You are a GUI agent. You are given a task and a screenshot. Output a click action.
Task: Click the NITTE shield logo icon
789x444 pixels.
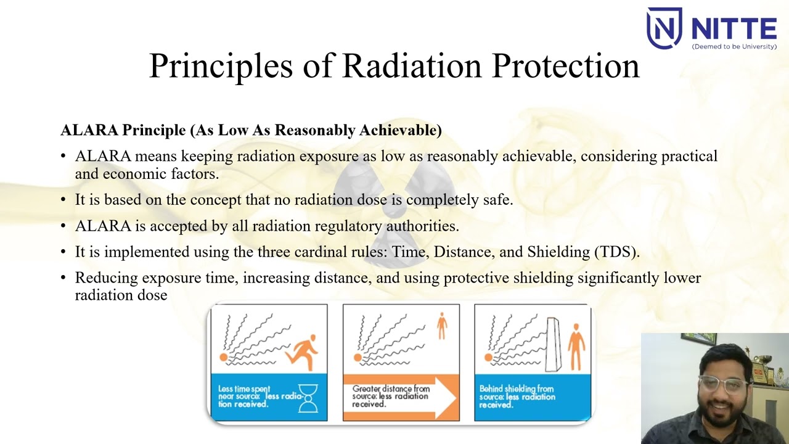[x=664, y=27]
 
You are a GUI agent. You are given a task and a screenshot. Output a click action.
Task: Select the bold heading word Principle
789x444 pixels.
[x=153, y=130]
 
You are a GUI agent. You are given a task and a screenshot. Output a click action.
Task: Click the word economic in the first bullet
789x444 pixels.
[x=129, y=174]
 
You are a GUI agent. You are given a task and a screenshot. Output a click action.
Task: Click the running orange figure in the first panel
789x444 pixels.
[x=303, y=351]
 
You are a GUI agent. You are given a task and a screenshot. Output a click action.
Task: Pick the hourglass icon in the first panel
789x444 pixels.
[x=309, y=398]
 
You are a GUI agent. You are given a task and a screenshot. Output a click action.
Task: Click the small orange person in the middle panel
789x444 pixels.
[x=441, y=325]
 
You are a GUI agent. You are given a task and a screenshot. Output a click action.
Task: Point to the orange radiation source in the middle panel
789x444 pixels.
[x=357, y=358]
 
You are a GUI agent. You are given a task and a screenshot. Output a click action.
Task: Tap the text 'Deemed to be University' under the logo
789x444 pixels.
[x=734, y=47]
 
